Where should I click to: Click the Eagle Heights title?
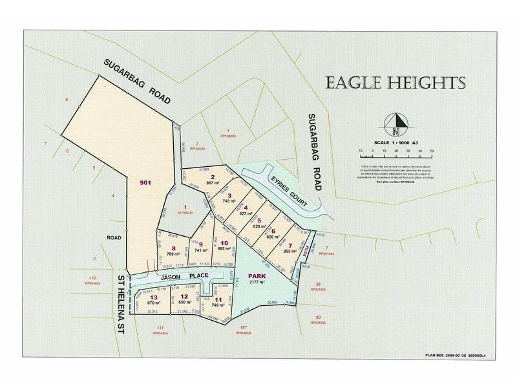(396, 83)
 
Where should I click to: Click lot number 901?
(145, 183)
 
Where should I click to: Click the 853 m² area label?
(295, 252)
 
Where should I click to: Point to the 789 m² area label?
(173, 255)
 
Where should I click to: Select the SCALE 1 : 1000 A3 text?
(396, 142)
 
